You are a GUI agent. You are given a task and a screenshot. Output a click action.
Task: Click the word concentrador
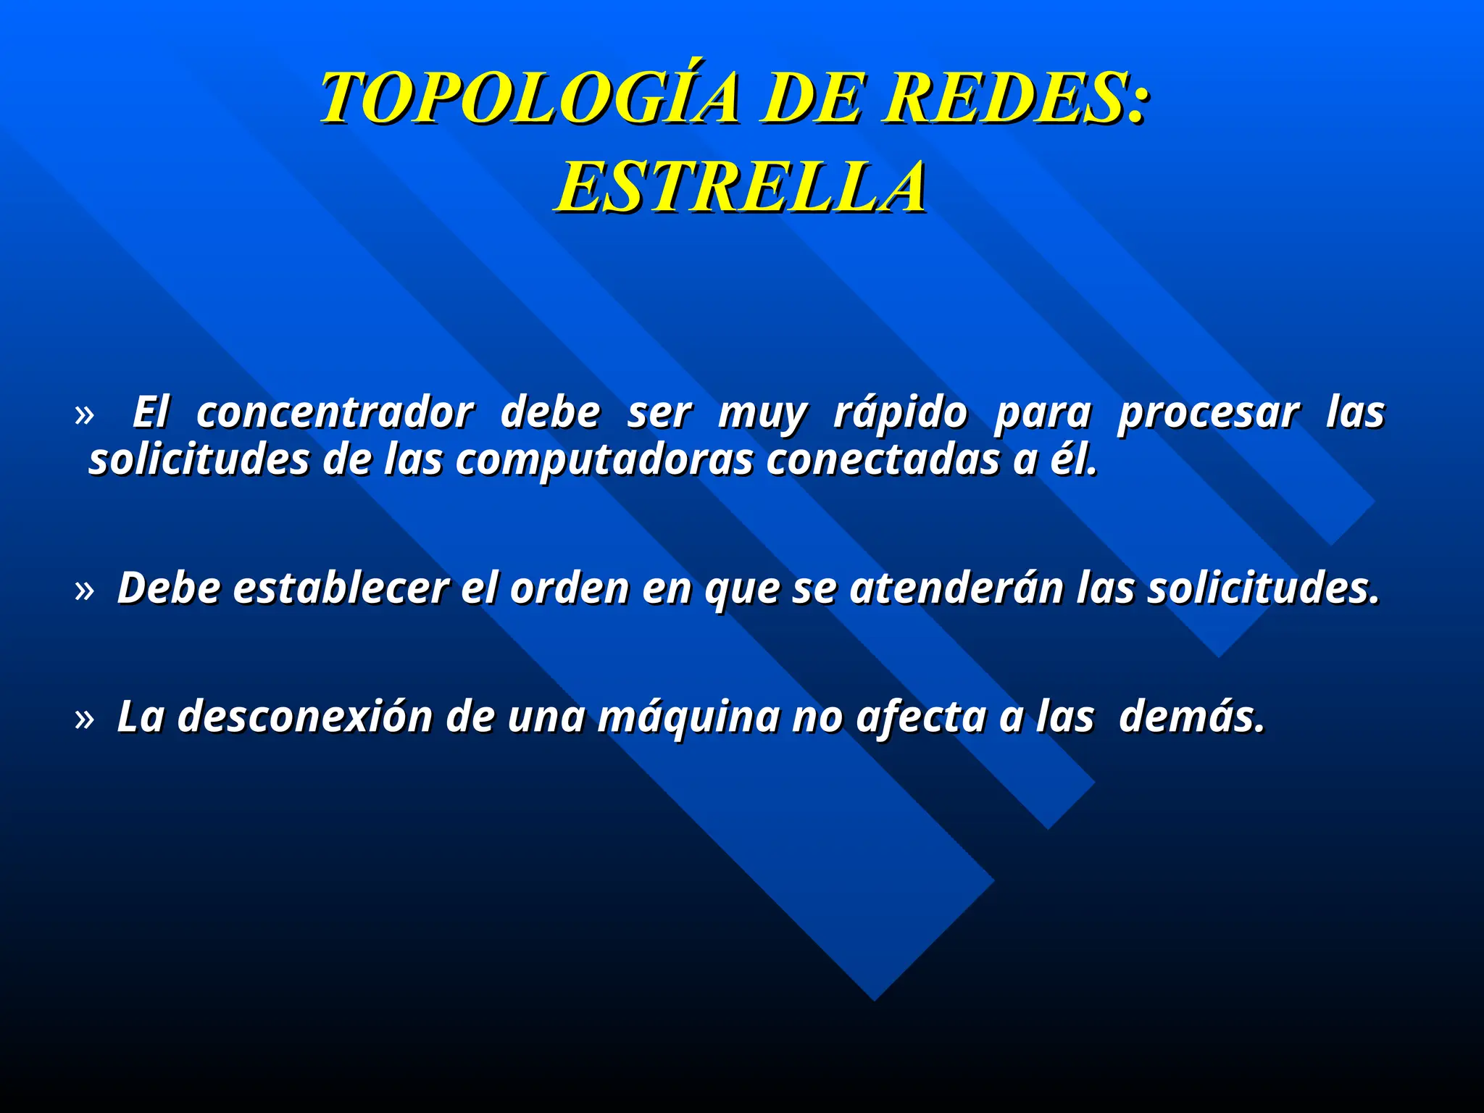tap(335, 412)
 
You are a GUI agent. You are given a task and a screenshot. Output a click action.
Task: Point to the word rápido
tap(901, 414)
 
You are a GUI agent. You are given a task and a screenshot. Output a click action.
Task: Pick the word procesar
tap(1209, 414)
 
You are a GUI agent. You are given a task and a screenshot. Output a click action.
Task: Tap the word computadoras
tap(604, 461)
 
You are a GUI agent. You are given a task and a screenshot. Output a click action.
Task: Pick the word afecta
tap(920, 717)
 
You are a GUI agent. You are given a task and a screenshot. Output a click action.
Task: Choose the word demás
tap(1192, 717)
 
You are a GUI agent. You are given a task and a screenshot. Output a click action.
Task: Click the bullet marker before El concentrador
tap(85, 415)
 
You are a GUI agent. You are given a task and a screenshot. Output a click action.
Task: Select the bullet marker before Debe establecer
tap(85, 591)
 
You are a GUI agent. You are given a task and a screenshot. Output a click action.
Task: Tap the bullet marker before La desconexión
tap(85, 720)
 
